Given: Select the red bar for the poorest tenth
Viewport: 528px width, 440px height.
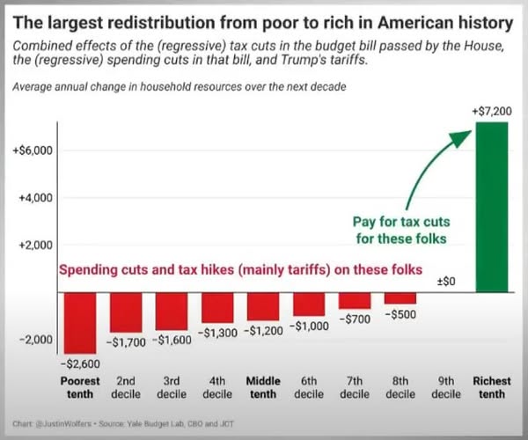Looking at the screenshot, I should click(80, 322).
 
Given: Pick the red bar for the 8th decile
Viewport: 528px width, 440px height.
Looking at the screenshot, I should click(400, 297).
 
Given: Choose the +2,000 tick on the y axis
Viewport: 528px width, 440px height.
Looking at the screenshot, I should click(36, 245).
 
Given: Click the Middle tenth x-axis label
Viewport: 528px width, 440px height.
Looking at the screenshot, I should click(263, 388).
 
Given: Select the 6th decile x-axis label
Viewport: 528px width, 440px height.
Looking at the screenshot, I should click(309, 388).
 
